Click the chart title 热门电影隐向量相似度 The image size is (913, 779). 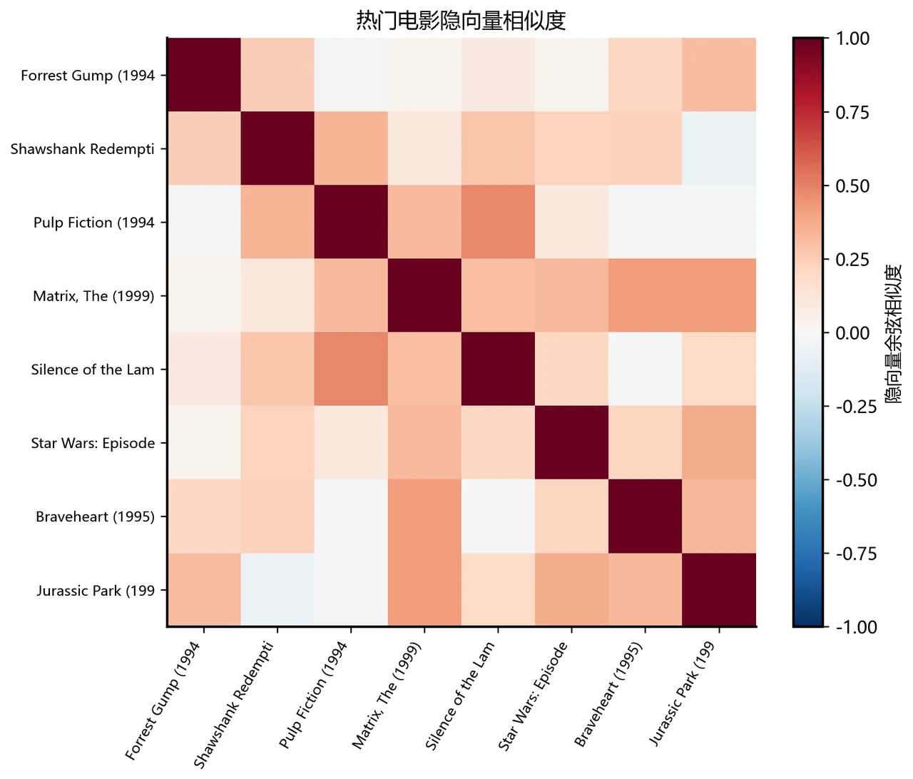[x=461, y=21]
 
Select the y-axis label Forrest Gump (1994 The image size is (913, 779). [x=88, y=76]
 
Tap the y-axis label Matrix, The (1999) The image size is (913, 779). [x=93, y=296]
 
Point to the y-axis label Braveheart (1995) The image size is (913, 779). [x=96, y=516]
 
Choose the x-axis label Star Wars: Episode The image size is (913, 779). [x=534, y=696]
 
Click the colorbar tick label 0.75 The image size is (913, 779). [x=852, y=113]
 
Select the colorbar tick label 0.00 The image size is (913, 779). [x=852, y=333]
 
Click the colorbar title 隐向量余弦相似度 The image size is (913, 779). [x=893, y=334]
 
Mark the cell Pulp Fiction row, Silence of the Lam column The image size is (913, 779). [x=499, y=222]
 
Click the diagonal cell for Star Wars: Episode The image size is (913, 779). [x=571, y=442]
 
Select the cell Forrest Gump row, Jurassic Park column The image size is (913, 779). [x=719, y=75]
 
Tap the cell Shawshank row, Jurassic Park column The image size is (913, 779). [x=719, y=148]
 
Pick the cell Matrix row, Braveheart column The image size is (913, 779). [x=645, y=295]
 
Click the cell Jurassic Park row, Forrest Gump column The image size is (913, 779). [x=204, y=589]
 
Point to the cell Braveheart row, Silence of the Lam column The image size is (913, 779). [x=499, y=516]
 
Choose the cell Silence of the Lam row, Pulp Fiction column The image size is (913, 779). [x=351, y=369]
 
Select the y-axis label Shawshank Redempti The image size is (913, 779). [x=83, y=149]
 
